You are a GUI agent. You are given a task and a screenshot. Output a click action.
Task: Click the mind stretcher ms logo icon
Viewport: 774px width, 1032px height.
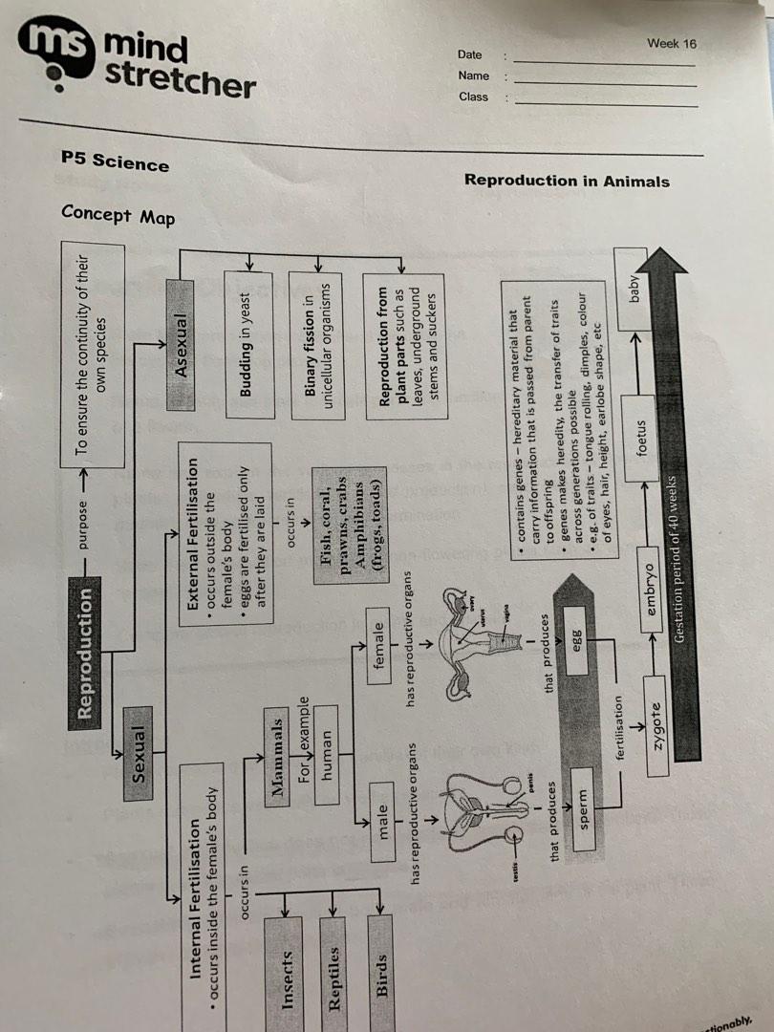(59, 50)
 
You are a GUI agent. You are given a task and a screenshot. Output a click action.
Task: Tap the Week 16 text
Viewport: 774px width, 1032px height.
(671, 43)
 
